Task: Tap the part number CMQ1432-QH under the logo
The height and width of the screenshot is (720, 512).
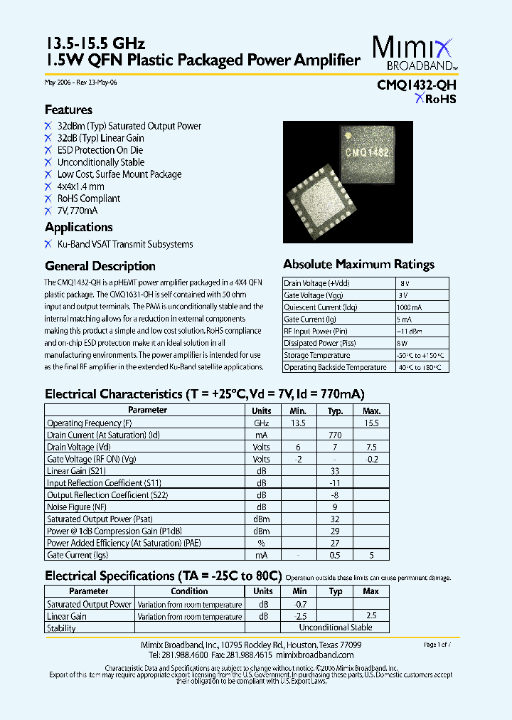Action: click(417, 85)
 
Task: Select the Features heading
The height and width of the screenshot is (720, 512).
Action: click(68, 110)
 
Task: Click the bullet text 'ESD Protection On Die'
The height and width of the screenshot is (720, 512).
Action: click(100, 150)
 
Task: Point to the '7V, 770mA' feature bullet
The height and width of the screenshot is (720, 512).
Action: click(78, 211)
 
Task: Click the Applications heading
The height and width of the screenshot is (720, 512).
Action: click(78, 227)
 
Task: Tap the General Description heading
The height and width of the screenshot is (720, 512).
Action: click(100, 266)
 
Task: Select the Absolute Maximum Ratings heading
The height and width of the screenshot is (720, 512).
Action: click(358, 264)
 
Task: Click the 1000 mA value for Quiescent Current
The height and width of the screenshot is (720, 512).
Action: click(411, 307)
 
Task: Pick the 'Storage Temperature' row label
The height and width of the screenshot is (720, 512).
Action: click(317, 355)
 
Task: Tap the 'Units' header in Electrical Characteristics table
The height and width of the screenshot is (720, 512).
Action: click(261, 411)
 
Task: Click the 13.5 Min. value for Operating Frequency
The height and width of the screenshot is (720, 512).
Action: click(298, 423)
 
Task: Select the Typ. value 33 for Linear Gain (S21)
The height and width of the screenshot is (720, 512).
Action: click(335, 471)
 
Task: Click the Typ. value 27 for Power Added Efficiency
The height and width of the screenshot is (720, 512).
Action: click(335, 543)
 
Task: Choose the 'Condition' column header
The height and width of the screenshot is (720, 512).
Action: click(190, 591)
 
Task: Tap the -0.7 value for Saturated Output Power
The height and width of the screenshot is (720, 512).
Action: click(299, 604)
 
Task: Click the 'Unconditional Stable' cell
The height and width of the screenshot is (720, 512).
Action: click(335, 628)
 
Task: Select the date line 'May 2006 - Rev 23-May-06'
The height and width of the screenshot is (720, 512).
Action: click(80, 83)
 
